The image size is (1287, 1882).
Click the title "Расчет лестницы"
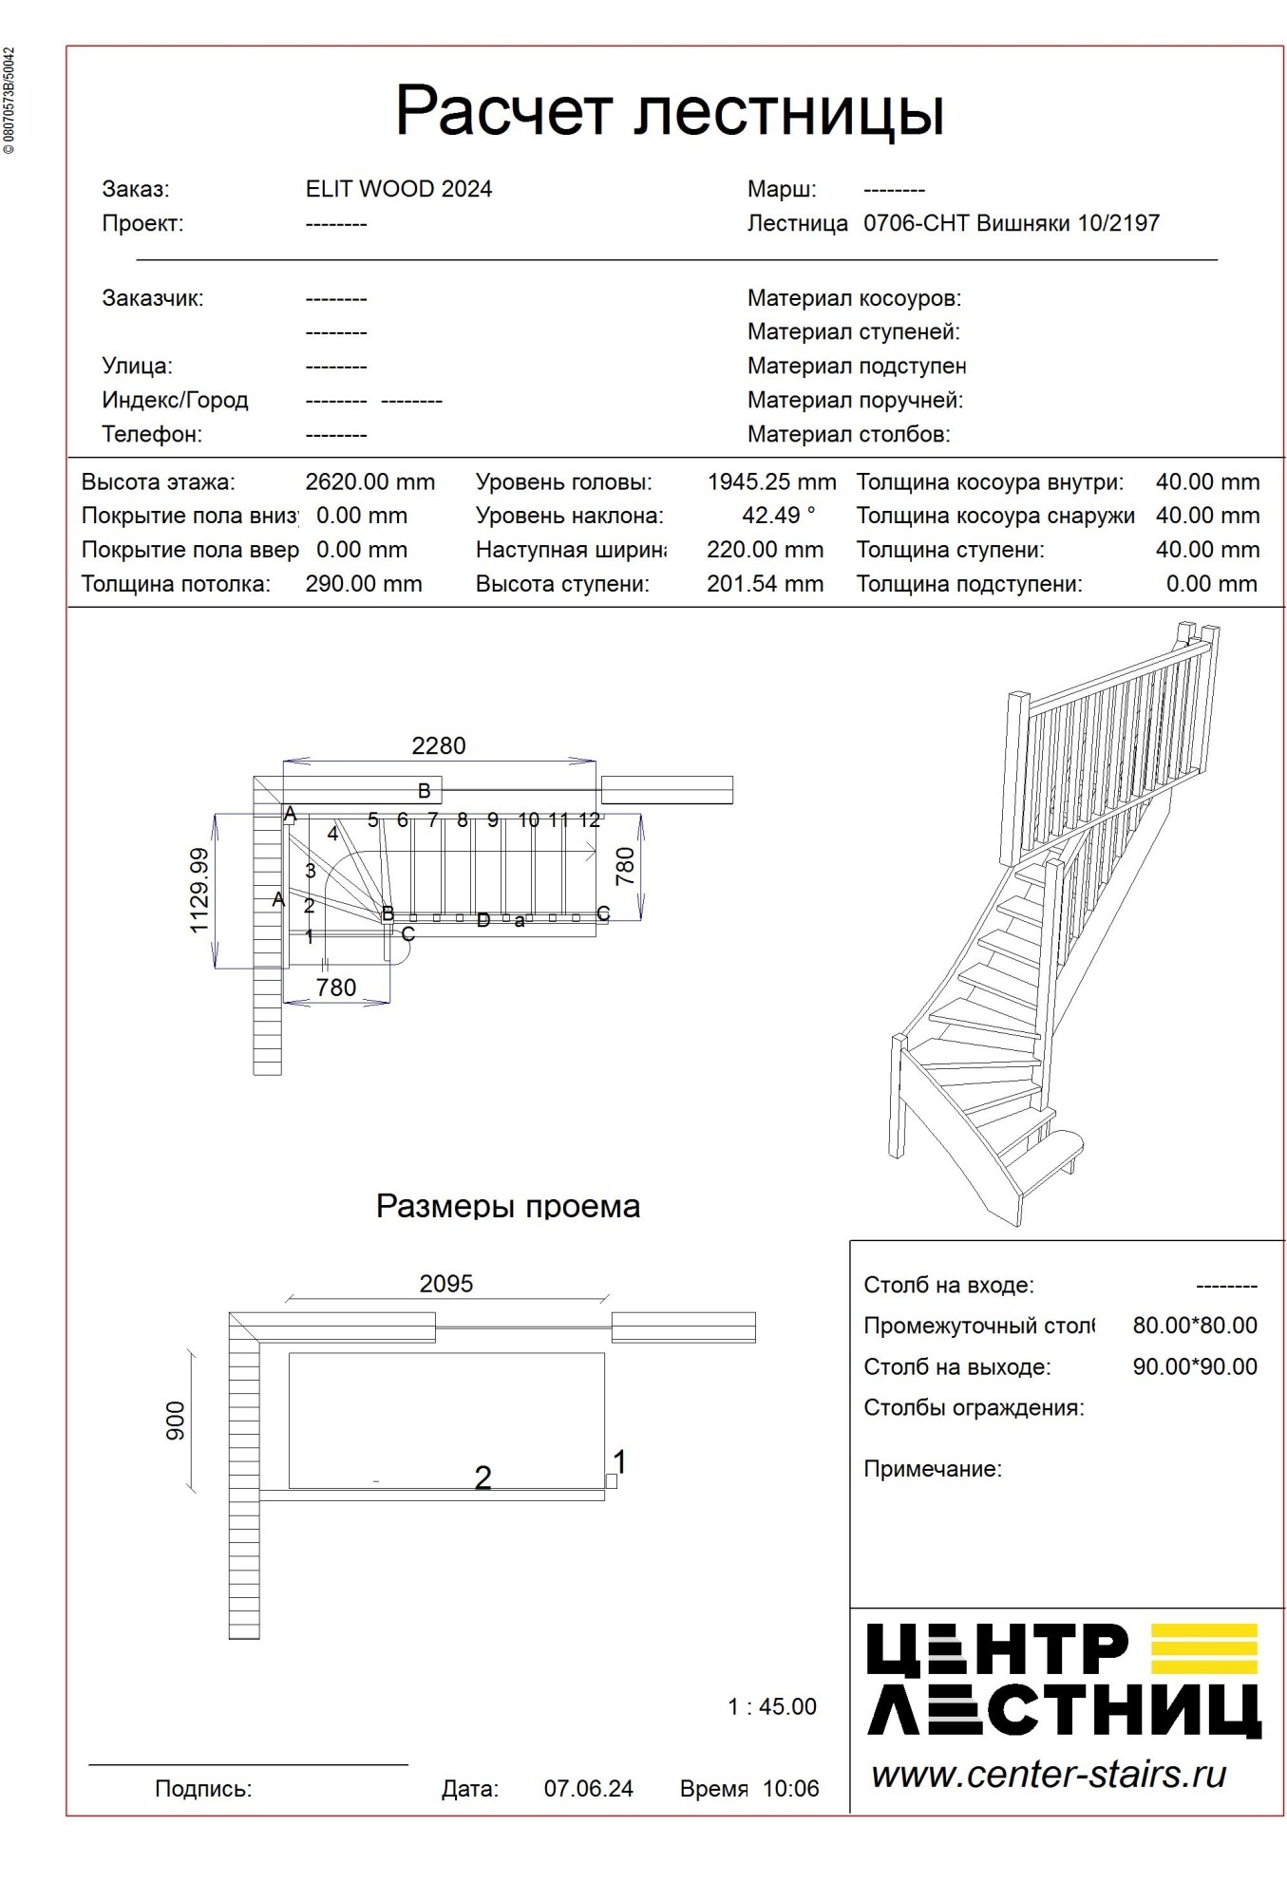pos(669,112)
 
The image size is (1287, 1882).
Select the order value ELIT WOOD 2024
pos(398,189)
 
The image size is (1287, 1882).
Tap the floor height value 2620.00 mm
pos(369,482)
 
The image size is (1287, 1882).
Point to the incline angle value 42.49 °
pos(778,516)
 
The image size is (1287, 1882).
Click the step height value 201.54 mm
pos(765,584)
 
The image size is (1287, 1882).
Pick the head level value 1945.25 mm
pos(771,482)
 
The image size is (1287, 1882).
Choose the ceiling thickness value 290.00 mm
pos(363,584)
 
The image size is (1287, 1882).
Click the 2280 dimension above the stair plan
pos(438,746)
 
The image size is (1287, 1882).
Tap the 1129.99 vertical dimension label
pos(199,891)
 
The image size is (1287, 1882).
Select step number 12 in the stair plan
pos(589,819)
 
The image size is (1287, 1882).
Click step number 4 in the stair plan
pos(332,834)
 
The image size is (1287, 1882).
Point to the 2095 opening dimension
pos(445,1284)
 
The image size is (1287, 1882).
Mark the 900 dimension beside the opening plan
pos(177,1421)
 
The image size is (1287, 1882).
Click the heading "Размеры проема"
pos(507,1206)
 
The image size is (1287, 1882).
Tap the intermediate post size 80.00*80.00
pos(1194,1326)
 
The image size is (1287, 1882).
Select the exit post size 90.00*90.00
pos(1194,1367)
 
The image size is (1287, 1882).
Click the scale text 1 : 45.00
pos(771,1706)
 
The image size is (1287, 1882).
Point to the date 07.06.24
pos(588,1789)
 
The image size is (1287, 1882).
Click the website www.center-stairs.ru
pos(1049,1775)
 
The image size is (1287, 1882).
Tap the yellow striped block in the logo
pos(1203,1649)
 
